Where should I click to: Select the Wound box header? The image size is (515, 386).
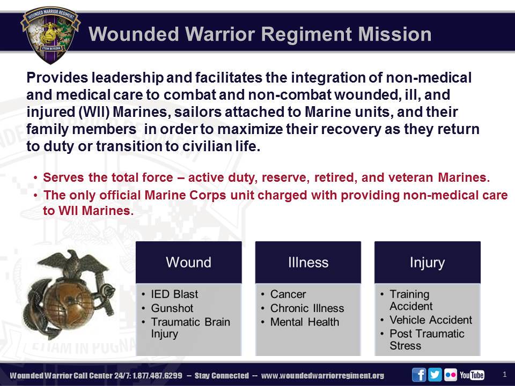188,262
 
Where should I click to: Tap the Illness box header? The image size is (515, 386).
308,262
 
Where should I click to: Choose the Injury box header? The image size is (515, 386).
427,262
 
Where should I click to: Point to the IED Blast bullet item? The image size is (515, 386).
174,294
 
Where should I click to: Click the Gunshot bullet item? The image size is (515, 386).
172,308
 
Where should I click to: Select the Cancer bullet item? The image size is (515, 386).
288,294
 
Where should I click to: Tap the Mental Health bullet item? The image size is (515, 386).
305,322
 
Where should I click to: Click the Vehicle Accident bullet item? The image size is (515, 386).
431,320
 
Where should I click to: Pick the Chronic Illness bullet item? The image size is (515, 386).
307,308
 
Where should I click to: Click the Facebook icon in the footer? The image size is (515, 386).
419,375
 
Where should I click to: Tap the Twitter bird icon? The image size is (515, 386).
435,375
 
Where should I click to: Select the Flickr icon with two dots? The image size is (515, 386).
450,375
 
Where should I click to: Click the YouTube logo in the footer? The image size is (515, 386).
472,375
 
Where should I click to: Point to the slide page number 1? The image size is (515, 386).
504,374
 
